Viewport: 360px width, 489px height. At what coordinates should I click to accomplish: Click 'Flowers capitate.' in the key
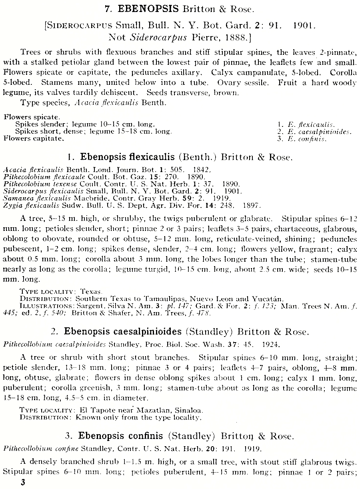(34, 139)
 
